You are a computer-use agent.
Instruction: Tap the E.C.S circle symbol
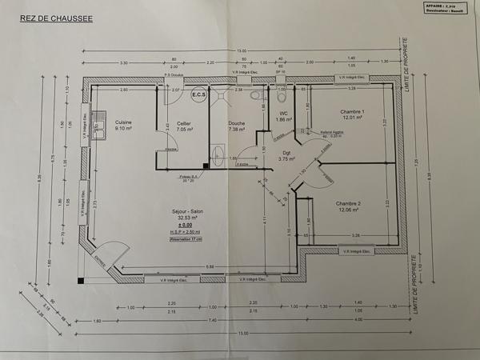tap(198, 95)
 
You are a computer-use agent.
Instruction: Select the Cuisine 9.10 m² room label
tap(125, 125)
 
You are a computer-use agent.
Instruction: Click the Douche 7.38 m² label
tap(238, 126)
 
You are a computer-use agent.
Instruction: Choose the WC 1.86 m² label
tap(283, 116)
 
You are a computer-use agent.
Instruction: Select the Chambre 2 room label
tap(349, 207)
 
